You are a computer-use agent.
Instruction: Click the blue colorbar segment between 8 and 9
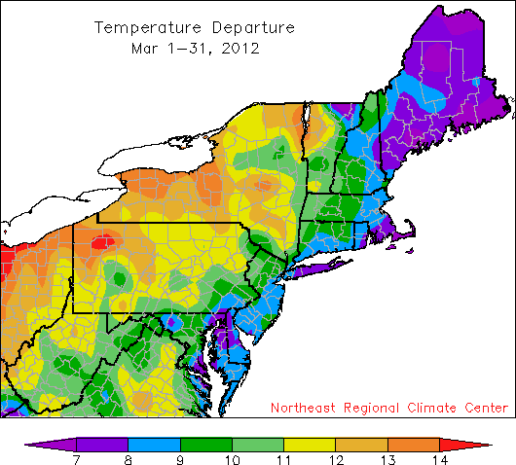point(154,443)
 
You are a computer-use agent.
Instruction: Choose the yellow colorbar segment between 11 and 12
point(310,443)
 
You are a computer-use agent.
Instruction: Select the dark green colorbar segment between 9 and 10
point(205,443)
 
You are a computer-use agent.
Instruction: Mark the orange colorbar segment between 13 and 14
point(414,443)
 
